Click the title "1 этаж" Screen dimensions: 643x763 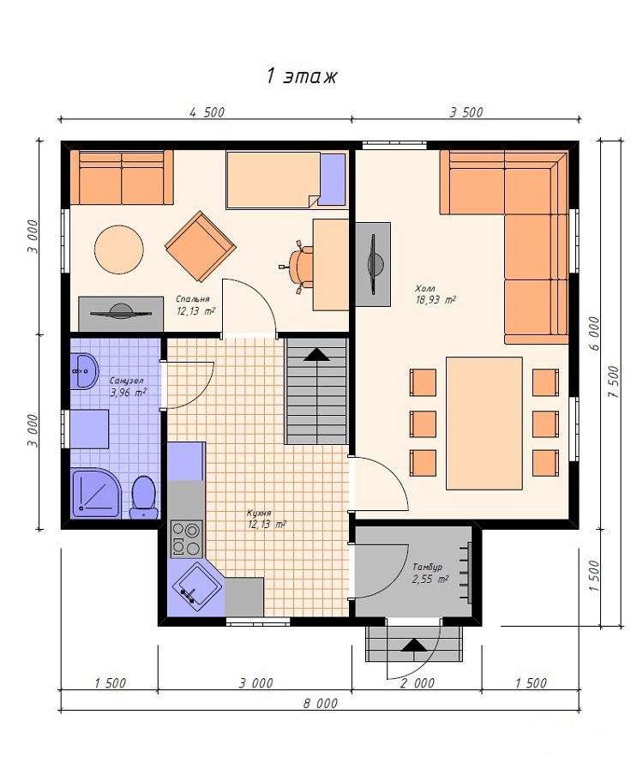(x=302, y=76)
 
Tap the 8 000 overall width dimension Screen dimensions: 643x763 (x=321, y=703)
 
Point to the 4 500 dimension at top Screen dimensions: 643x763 (x=207, y=112)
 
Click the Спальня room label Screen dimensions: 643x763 (x=193, y=299)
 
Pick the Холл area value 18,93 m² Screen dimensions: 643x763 (x=436, y=300)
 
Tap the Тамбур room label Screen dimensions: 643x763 (x=427, y=567)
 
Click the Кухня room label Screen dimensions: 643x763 (x=259, y=513)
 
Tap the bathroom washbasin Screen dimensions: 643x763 (x=84, y=371)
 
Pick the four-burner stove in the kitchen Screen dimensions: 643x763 (x=186, y=539)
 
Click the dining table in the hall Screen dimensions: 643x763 (x=484, y=423)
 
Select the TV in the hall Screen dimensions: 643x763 (x=373, y=264)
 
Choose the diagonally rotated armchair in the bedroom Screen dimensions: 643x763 (x=201, y=246)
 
